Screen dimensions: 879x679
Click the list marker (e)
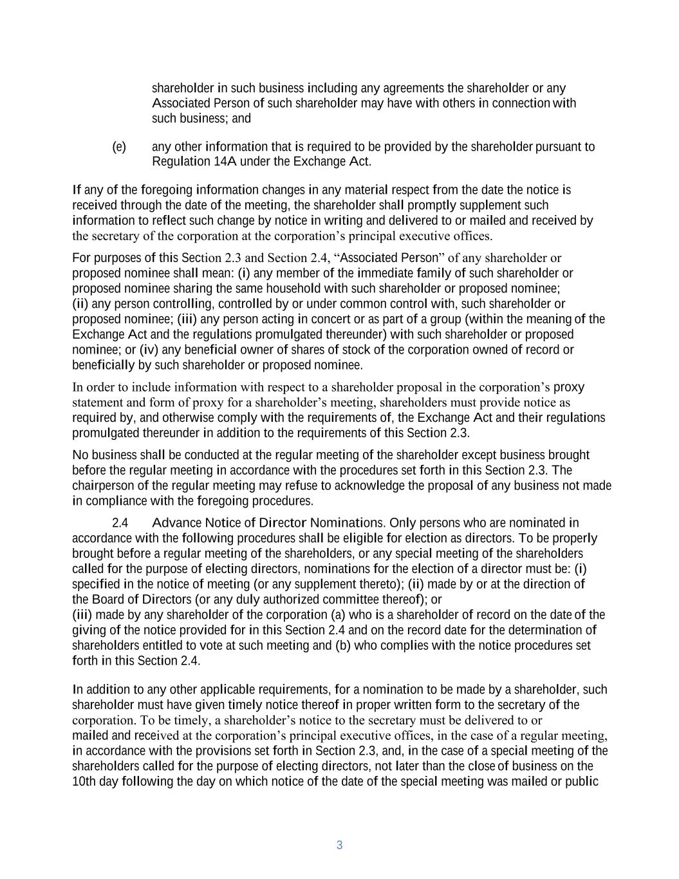click(x=119, y=147)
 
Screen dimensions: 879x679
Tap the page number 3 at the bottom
click(x=339, y=846)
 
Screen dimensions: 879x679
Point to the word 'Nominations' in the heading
click(x=347, y=523)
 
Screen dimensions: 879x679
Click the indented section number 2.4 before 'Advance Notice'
click(x=120, y=523)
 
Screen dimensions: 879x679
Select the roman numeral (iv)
click(x=149, y=350)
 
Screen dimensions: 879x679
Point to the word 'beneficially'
click(x=104, y=366)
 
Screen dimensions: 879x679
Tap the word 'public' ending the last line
click(x=582, y=782)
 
